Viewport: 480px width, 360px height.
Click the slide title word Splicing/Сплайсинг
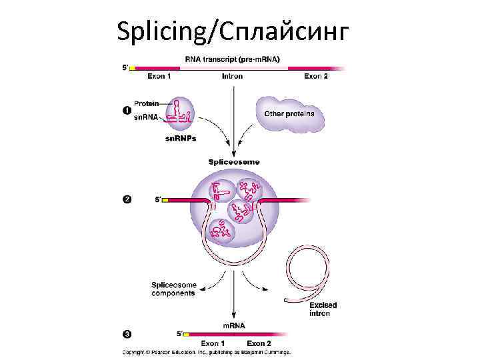click(232, 30)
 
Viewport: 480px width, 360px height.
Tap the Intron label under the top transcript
click(232, 77)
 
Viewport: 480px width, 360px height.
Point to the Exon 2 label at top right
click(316, 77)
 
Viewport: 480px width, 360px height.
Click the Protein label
click(146, 103)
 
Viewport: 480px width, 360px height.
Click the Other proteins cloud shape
click(289, 115)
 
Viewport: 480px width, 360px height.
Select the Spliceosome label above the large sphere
click(234, 162)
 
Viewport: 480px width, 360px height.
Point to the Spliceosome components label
click(173, 289)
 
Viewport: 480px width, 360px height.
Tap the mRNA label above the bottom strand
click(233, 325)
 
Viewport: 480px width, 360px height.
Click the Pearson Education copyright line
click(207, 352)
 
